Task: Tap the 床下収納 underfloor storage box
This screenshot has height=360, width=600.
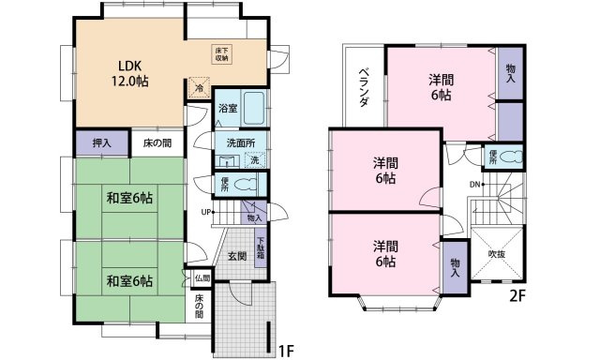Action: click(x=227, y=53)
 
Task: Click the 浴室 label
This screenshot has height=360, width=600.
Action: click(x=228, y=109)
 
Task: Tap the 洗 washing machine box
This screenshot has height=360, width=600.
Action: click(x=254, y=159)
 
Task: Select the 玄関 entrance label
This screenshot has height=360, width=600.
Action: click(x=235, y=256)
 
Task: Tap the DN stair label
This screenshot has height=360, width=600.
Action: click(x=475, y=184)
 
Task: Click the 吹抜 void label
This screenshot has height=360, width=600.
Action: click(x=496, y=253)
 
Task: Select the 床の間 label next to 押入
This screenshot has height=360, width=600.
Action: click(x=157, y=143)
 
